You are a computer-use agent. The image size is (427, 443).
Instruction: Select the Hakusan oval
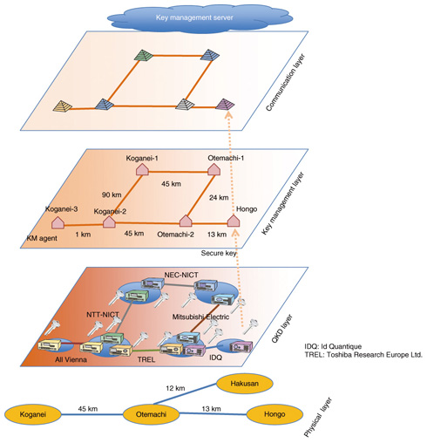[x=245, y=384]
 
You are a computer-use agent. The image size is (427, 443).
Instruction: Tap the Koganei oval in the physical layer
[x=33, y=414]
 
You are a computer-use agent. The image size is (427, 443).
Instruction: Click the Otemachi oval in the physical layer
[x=151, y=414]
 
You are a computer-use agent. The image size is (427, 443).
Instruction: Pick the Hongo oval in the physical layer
[x=274, y=414]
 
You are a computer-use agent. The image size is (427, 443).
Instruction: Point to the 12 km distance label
[x=175, y=388]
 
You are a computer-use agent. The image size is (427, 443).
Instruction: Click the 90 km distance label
[x=112, y=194]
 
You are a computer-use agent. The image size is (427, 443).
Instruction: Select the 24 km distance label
[x=219, y=197]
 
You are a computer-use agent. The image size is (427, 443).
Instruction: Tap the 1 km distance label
[x=83, y=235]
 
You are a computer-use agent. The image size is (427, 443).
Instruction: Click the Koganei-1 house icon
[x=142, y=169]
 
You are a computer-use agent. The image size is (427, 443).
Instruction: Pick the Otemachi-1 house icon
[x=213, y=169]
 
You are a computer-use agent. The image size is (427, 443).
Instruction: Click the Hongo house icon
[x=233, y=221]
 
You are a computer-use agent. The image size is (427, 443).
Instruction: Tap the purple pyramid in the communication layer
[x=225, y=104]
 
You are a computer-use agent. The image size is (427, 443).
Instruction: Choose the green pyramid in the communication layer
[x=144, y=55]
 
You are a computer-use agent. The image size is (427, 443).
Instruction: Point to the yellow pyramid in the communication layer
[x=63, y=106]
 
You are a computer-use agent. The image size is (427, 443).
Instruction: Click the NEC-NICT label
[x=181, y=275]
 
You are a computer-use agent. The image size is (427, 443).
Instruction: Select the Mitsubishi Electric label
[x=200, y=317]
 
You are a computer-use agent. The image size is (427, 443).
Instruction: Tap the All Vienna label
[x=71, y=359]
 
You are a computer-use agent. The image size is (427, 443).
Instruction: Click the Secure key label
[x=219, y=253]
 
